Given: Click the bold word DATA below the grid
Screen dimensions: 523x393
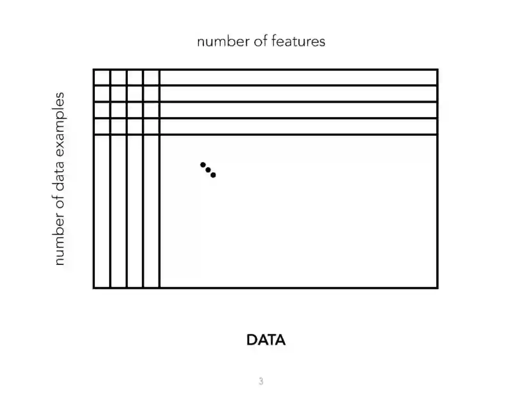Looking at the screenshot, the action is (266, 340).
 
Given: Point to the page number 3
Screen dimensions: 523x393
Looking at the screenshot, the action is (261, 381).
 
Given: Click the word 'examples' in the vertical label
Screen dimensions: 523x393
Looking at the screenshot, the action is (59, 123).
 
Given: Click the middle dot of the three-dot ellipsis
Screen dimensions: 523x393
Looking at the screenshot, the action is (208, 170).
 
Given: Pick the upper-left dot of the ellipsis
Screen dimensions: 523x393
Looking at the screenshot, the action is (203, 164).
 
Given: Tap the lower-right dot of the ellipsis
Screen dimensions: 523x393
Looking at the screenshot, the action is (213, 175).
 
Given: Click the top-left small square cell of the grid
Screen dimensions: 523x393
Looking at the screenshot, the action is (102, 78).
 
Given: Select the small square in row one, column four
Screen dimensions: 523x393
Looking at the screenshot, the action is (151, 78).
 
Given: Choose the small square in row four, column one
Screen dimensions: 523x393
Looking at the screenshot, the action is (102, 126).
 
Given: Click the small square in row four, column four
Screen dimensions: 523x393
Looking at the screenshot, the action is (151, 126).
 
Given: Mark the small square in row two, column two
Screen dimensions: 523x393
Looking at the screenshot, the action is (118, 94).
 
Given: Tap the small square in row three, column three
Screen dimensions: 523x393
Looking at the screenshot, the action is (135, 110).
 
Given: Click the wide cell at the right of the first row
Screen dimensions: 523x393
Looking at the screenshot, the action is (298, 78).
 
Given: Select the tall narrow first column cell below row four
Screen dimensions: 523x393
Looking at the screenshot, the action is (102, 211).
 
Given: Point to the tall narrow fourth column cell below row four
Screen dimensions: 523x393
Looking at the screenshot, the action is (151, 211).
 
